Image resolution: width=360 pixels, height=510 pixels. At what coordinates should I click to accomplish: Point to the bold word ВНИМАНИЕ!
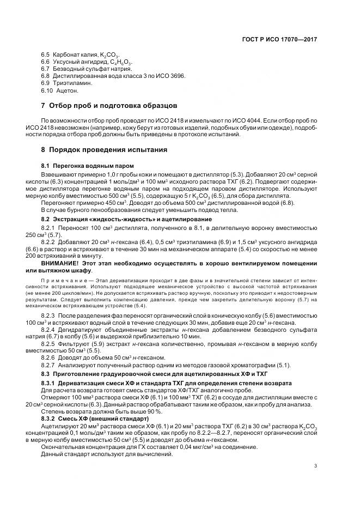[x=60, y=263]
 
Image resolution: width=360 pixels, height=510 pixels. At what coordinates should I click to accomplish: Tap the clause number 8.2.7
[x=48, y=365]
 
